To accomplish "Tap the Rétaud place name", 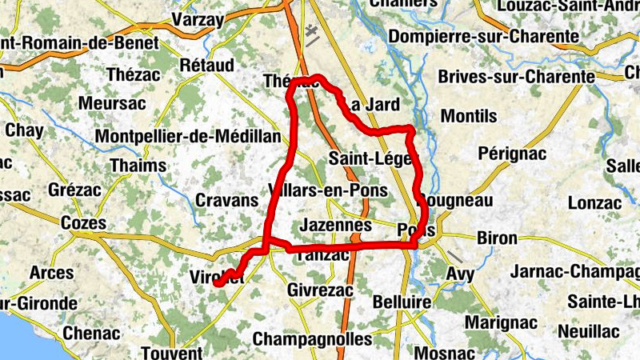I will coord(207,64).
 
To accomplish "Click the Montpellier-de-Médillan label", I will coord(188,136).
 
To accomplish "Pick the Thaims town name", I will coord(139,166).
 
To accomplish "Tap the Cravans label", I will coord(226,200).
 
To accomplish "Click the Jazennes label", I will coord(334,226).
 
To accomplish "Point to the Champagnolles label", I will coord(312,338).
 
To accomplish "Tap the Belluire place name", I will coord(402,303).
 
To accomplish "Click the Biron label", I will coord(497,238).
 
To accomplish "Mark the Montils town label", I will coord(469,116).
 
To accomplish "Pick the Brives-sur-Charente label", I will coord(517,77).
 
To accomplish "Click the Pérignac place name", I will coord(511,152).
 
